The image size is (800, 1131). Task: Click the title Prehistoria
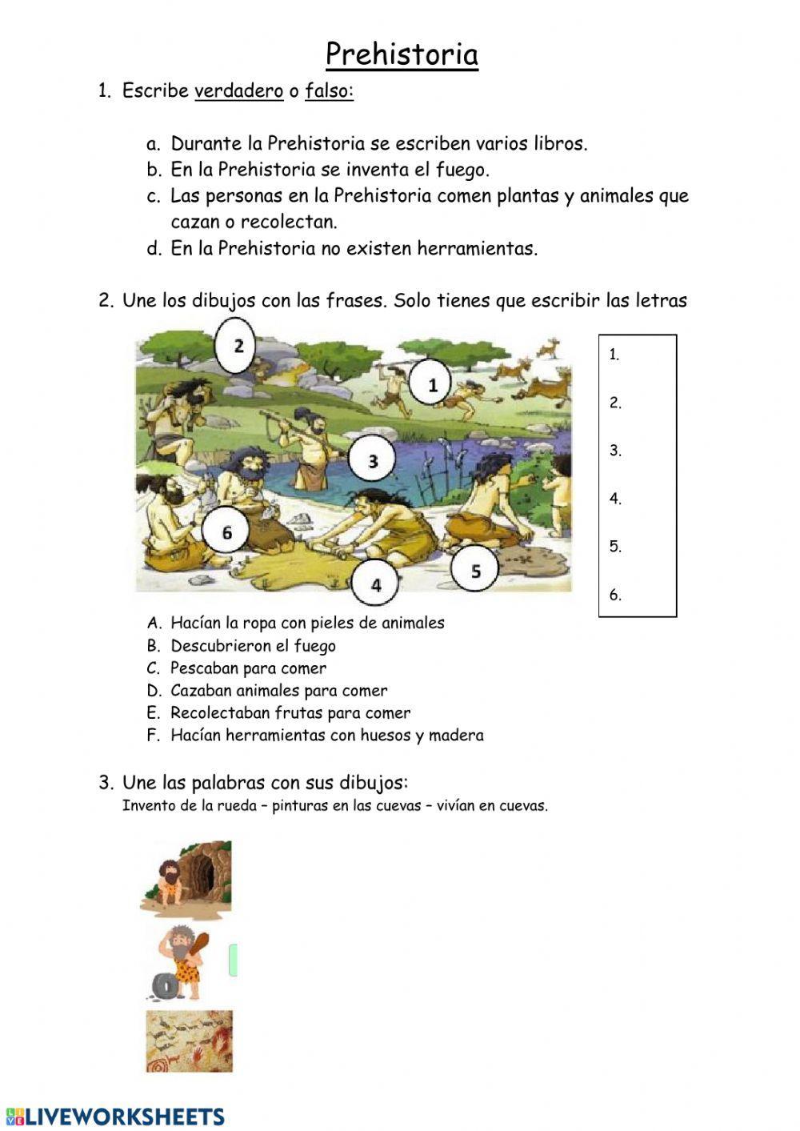402,54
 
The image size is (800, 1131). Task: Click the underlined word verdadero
238,91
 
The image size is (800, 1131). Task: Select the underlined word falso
328,91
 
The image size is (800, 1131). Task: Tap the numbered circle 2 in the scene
238,346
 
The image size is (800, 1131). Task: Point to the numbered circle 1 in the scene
433,385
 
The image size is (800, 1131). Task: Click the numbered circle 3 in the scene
373,461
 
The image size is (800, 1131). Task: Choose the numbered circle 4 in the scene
376,584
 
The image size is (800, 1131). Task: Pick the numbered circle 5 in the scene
475,571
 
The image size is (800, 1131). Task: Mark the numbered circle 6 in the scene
226,532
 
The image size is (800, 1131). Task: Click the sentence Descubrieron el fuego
253,646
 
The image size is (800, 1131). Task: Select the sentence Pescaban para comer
248,668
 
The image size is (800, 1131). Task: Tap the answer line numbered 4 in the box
638,499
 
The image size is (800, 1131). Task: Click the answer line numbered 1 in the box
638,355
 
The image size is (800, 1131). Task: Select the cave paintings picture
189,1041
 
